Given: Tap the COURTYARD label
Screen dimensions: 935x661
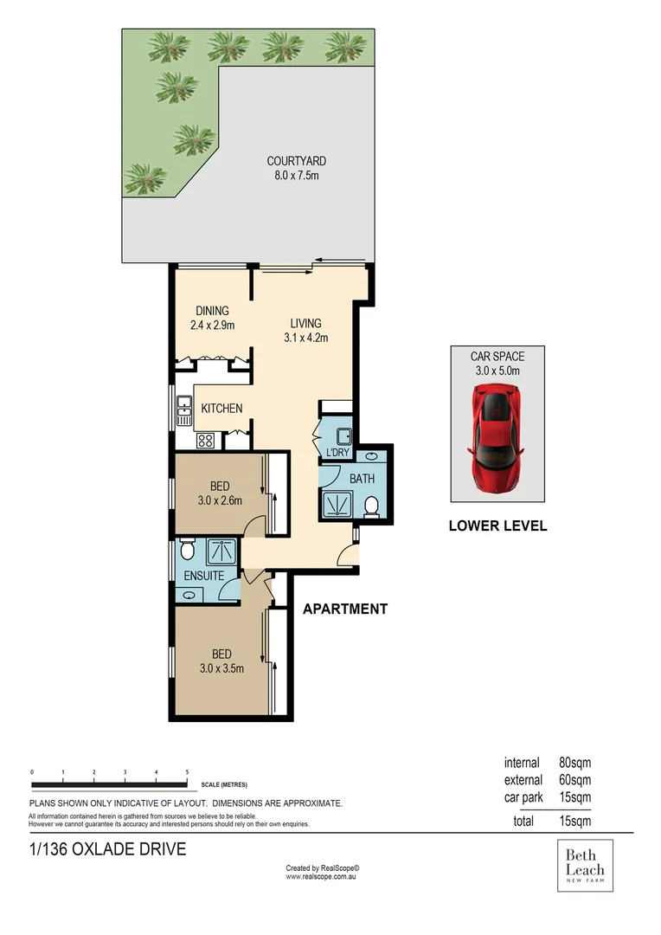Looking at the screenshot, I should [x=296, y=161].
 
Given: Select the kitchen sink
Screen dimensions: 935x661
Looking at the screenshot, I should [x=184, y=409].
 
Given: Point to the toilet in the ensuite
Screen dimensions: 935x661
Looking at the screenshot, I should [x=185, y=551].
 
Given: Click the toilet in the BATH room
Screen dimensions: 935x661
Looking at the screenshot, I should [x=371, y=506].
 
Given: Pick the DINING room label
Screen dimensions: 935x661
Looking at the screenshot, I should [x=212, y=311].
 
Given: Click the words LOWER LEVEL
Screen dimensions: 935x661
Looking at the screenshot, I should [x=497, y=526].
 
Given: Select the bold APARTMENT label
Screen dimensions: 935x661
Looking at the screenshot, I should [x=344, y=609].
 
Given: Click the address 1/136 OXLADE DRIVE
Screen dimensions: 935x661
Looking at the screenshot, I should [x=107, y=849].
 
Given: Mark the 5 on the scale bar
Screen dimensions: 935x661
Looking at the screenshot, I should [x=188, y=771].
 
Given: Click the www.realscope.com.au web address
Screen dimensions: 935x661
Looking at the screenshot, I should [x=322, y=877].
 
